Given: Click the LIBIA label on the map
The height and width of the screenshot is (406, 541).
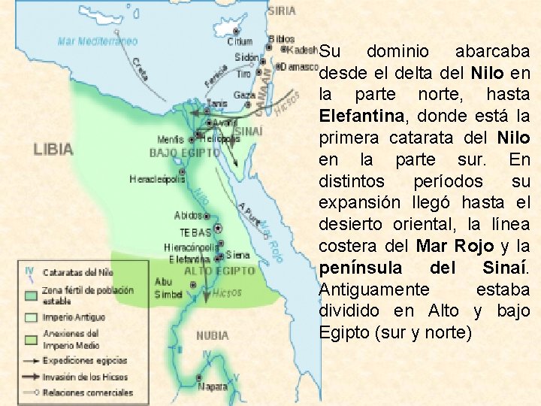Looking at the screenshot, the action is [53, 149].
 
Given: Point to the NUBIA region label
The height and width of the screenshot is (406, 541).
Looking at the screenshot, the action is [212, 335].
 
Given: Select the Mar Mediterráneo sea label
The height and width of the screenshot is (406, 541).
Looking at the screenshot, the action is [98, 41].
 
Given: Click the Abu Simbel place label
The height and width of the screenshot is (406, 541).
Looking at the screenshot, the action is [168, 288].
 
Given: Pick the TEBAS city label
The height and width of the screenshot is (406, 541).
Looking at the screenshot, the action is [195, 232].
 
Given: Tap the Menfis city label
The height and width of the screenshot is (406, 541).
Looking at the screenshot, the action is [171, 140].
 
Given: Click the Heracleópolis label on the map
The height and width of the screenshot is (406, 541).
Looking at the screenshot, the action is [157, 180].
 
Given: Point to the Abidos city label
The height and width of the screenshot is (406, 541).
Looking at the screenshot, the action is [188, 216].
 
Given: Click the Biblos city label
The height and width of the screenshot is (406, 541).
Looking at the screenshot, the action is [282, 38].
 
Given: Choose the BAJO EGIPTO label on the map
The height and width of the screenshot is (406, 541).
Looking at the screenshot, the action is [185, 153].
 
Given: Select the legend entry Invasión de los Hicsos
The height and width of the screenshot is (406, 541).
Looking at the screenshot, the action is [85, 377].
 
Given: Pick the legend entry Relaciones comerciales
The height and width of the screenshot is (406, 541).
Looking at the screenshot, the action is [87, 392].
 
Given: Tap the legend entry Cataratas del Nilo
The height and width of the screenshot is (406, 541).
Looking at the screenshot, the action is [77, 272].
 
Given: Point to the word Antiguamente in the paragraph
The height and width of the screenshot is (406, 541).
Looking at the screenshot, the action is [374, 289].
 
